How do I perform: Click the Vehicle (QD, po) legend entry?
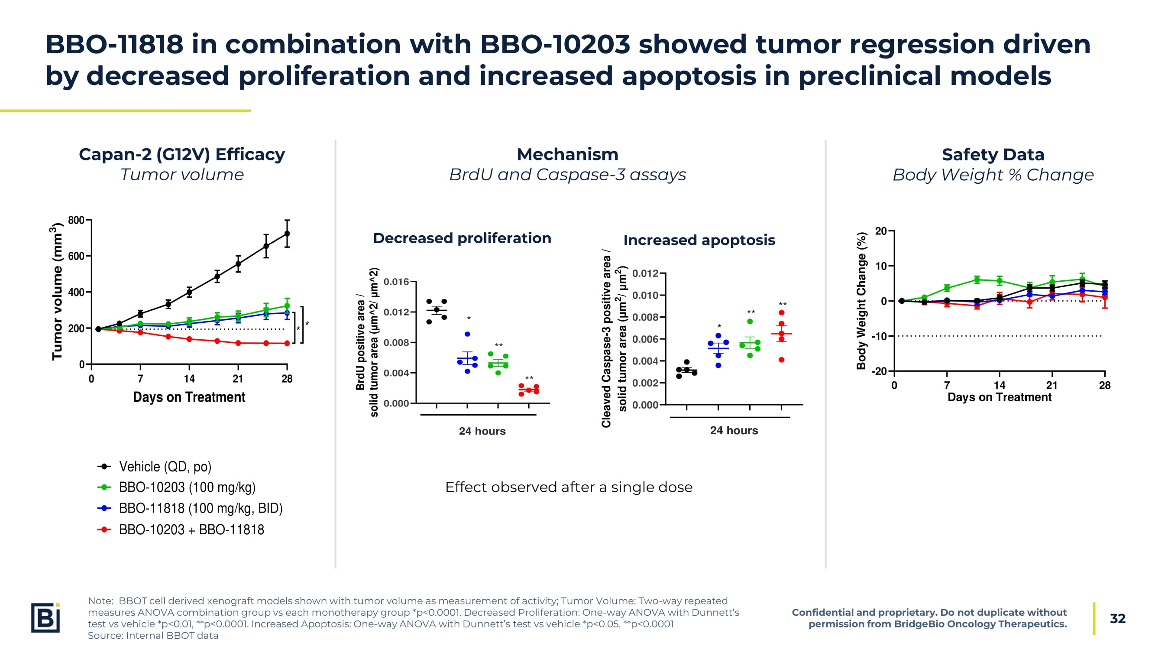click(x=165, y=467)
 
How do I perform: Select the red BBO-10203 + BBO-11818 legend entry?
click(x=191, y=530)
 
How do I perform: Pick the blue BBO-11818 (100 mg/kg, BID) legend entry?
click(x=200, y=508)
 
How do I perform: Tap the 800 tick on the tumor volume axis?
click(x=76, y=220)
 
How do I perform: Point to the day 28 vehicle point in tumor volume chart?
click(x=287, y=234)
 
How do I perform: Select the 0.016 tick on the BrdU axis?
click(x=396, y=282)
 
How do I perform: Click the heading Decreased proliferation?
click(x=462, y=238)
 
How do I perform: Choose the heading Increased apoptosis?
click(x=699, y=240)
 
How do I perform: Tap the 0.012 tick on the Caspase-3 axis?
click(x=645, y=273)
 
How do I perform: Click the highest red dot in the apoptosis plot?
click(x=782, y=313)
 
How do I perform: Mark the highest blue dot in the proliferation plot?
click(x=467, y=334)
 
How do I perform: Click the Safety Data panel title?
click(x=993, y=155)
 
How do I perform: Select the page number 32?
click(x=1117, y=619)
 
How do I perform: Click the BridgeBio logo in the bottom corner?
click(x=45, y=617)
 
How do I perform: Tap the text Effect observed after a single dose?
click(x=569, y=487)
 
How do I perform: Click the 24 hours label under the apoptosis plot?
click(x=734, y=431)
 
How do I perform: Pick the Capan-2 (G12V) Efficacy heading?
click(x=181, y=154)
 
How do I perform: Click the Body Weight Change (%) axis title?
click(x=861, y=301)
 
